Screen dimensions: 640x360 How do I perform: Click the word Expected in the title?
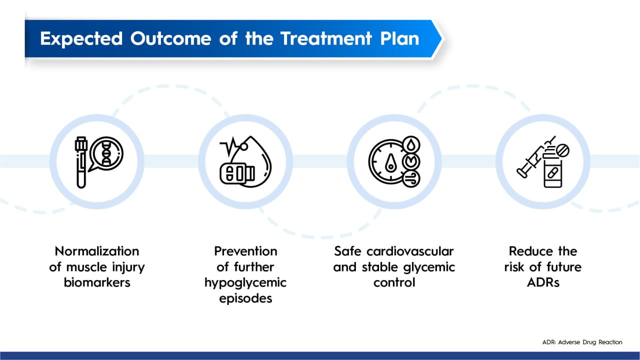[x=81, y=39]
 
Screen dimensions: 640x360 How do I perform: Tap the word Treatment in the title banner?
[x=326, y=38]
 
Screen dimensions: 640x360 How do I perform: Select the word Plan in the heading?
[x=399, y=38]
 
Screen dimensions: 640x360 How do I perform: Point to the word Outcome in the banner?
[x=171, y=38]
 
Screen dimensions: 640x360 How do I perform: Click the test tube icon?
[x=81, y=162]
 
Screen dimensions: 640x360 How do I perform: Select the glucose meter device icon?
[x=237, y=173]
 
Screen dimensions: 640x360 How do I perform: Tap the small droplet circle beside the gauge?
[x=411, y=144]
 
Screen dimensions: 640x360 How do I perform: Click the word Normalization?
[x=97, y=251]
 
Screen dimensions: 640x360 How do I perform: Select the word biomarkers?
[x=97, y=282]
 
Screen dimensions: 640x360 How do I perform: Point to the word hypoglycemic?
[x=245, y=283]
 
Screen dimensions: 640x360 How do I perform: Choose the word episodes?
[x=245, y=299]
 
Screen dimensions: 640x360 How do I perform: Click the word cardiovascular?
[x=410, y=251]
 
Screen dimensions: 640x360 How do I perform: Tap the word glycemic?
[x=429, y=267]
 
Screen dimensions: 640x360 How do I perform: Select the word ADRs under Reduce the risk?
[x=543, y=282]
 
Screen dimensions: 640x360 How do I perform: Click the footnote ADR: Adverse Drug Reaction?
[x=582, y=342]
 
